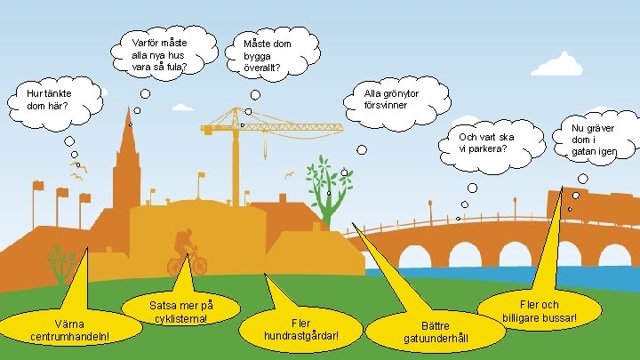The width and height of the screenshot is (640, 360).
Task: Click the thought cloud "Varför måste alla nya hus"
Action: (160, 52)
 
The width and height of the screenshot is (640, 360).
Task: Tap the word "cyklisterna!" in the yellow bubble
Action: (181, 319)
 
